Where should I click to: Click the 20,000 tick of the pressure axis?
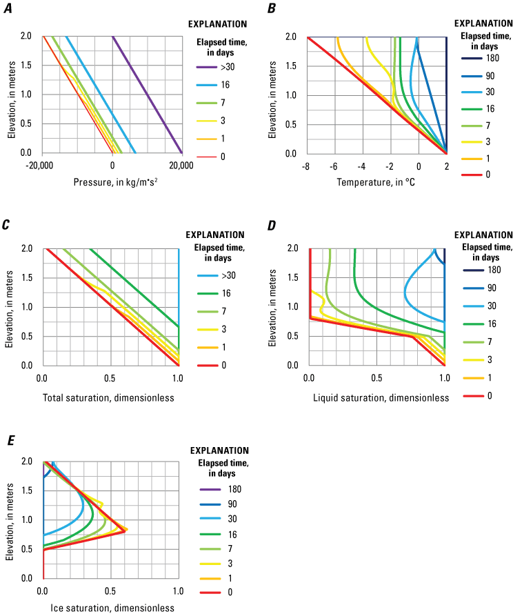click(181, 166)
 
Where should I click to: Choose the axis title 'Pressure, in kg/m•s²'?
click(112, 184)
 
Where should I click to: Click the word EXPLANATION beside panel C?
click(216, 235)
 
